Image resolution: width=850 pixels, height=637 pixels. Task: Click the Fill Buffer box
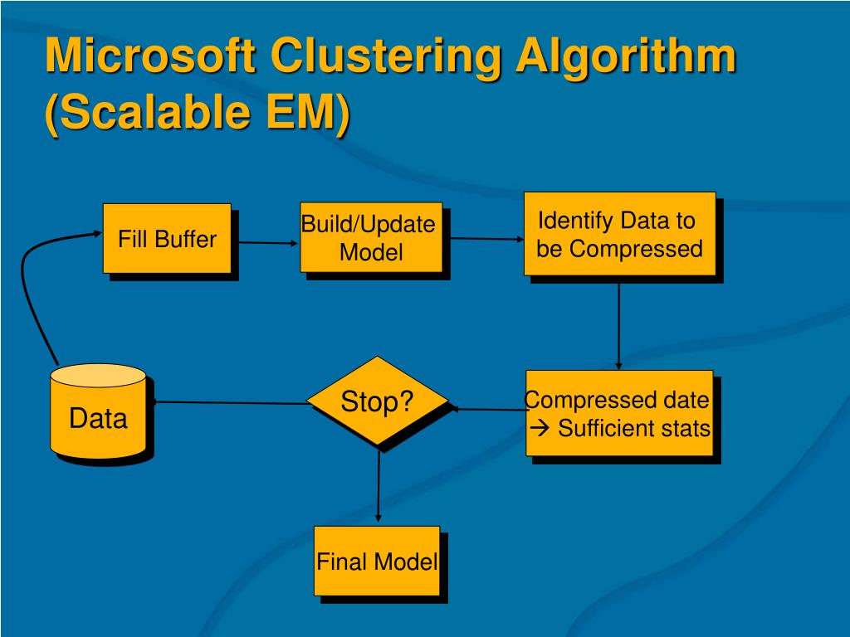click(x=167, y=238)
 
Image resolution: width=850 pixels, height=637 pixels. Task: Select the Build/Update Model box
click(x=370, y=237)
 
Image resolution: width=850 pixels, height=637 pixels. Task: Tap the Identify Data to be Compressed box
click(x=619, y=234)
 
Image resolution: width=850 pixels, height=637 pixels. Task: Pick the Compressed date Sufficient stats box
click(x=619, y=413)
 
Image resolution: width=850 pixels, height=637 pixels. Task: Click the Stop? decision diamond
click(x=378, y=402)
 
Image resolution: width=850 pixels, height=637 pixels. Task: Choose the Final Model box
click(x=377, y=561)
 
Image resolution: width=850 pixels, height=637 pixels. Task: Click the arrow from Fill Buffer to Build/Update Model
click(x=265, y=243)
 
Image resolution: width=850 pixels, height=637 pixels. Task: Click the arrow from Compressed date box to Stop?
click(x=488, y=409)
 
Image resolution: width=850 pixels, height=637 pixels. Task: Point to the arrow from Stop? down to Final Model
click(x=379, y=485)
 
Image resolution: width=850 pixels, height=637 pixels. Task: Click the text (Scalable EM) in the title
click(x=198, y=112)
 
